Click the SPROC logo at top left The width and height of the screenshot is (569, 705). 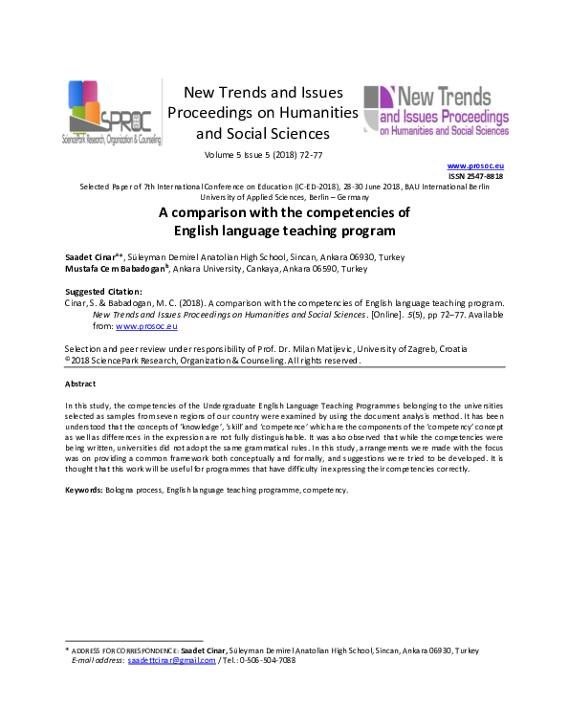pos(111,113)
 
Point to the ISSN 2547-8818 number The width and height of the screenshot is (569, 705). pos(479,177)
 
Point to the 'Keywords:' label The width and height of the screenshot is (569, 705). pos(84,489)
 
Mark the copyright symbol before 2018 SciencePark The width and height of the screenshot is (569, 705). pos(67,362)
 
